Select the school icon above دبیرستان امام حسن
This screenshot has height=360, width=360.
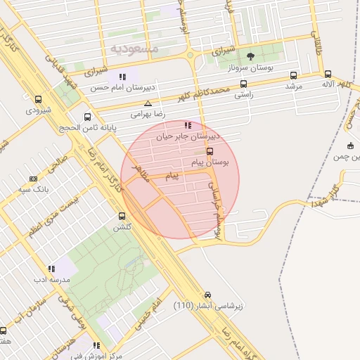(x=123, y=77)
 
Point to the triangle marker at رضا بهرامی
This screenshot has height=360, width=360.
(x=147, y=103)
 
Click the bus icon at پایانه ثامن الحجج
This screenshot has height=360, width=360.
(x=87, y=117)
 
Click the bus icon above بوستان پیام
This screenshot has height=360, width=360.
(x=210, y=150)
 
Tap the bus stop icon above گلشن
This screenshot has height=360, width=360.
(x=122, y=217)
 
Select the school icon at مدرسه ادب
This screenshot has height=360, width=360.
(x=51, y=268)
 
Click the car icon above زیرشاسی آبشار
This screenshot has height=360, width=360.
(x=207, y=295)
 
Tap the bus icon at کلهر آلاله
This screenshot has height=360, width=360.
(x=328, y=73)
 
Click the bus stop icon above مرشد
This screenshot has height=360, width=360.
(x=293, y=75)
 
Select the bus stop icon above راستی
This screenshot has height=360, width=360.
(x=244, y=82)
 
